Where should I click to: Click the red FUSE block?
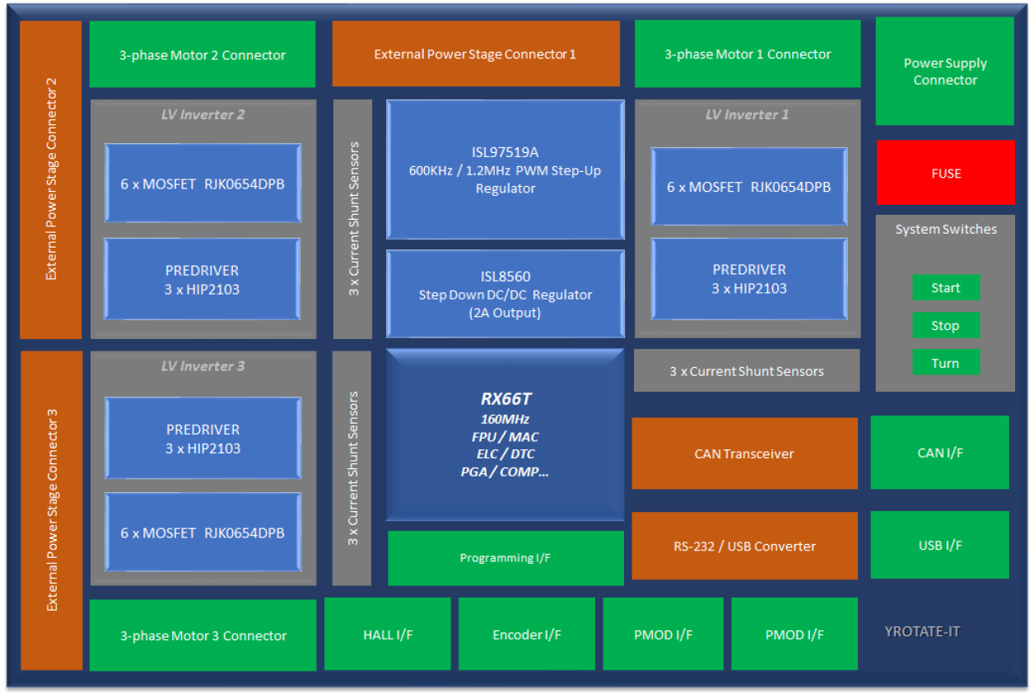945,173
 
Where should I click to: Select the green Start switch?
945,288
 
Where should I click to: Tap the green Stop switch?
945,326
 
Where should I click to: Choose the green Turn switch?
945,363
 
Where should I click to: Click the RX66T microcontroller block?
505,434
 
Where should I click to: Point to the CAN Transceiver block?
744,453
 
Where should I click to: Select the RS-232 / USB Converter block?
744,546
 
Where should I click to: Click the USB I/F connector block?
939,545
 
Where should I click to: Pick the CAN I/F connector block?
939,453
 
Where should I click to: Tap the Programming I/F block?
505,558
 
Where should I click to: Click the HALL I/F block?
388,634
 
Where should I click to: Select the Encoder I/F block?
526,634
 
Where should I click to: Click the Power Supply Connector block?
944,72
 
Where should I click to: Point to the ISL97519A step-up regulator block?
505,170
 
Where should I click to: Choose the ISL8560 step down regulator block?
505,294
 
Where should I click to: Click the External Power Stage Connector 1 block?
476,54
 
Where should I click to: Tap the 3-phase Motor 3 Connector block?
203,635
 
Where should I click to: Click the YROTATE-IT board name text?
922,632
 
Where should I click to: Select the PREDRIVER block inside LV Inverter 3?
203,439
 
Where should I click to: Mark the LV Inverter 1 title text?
747,114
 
